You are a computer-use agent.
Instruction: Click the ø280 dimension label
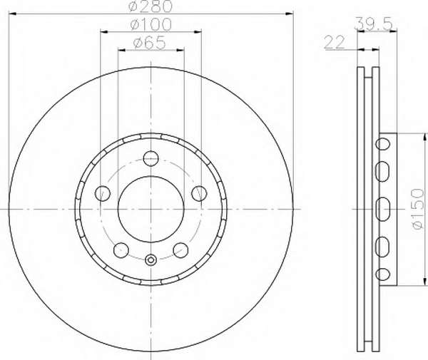tap(151, 6)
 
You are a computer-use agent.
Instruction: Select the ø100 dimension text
tap(151, 24)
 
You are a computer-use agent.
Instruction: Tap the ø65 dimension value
tap(150, 43)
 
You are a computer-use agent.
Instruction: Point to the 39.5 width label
tap(373, 24)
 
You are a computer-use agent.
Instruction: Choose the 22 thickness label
tap(335, 43)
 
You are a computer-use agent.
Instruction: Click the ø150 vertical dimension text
tap(418, 209)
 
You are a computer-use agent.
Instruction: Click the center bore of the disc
tap(151, 209)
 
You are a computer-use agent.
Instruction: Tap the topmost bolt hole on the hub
tap(151, 158)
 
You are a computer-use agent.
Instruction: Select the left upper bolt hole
tap(103, 193)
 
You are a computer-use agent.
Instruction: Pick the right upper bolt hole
tap(199, 193)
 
